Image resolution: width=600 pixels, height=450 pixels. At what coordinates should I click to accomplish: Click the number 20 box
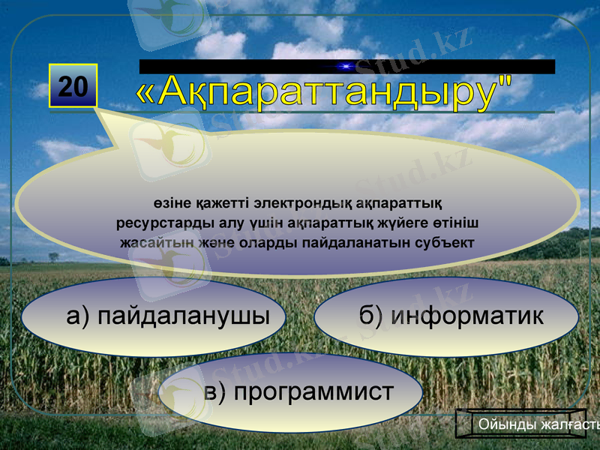tap(73, 86)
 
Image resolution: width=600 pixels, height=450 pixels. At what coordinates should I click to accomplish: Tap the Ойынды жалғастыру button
tap(529, 424)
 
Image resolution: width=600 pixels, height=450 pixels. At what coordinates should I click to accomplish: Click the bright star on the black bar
tap(346, 67)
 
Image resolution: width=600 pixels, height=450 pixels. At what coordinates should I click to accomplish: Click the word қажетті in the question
tap(214, 202)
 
